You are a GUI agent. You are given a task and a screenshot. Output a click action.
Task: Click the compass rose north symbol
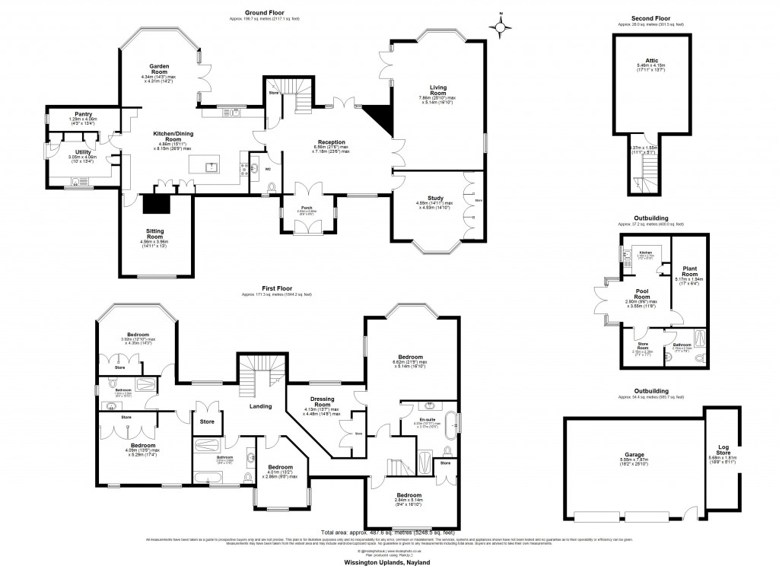point(500,27)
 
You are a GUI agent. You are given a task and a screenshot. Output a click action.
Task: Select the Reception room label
point(332,142)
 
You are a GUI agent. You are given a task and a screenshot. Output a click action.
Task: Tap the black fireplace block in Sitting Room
point(158,202)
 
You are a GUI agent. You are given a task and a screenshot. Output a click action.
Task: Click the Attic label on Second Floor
point(650,61)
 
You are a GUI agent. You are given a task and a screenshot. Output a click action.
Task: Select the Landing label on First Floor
point(261,407)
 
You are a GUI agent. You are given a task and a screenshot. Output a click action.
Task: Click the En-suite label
point(427,419)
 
